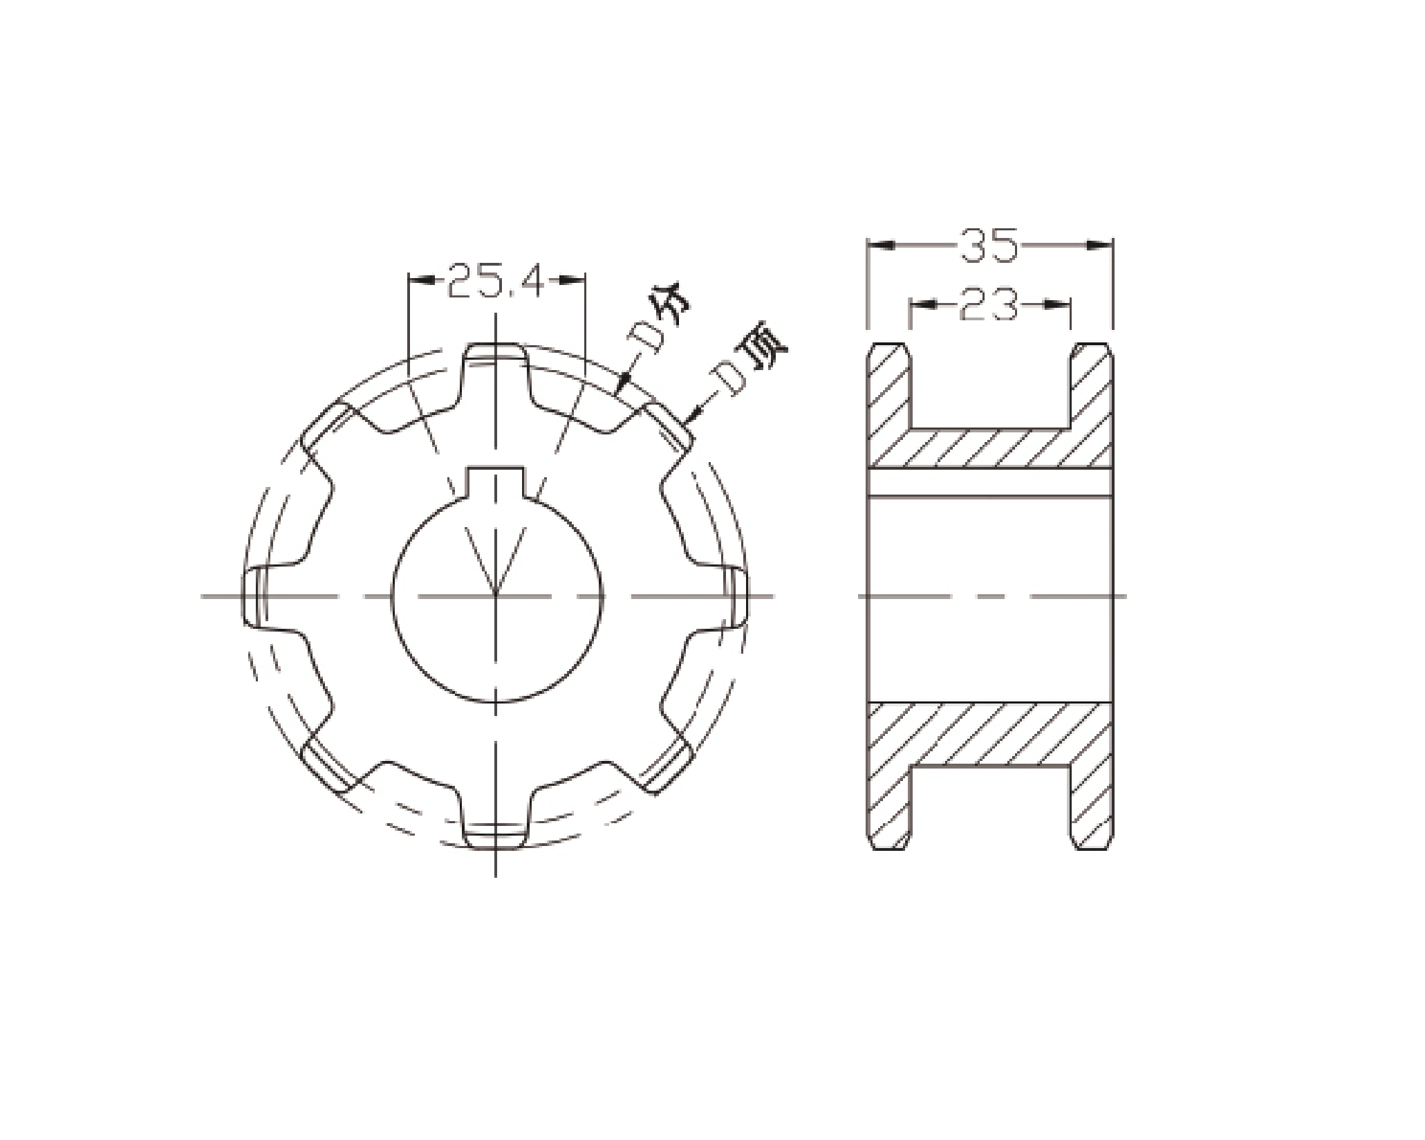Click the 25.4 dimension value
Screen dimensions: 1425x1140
point(496,280)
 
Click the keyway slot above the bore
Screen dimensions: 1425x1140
point(496,484)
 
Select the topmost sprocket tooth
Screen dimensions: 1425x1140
point(495,360)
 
